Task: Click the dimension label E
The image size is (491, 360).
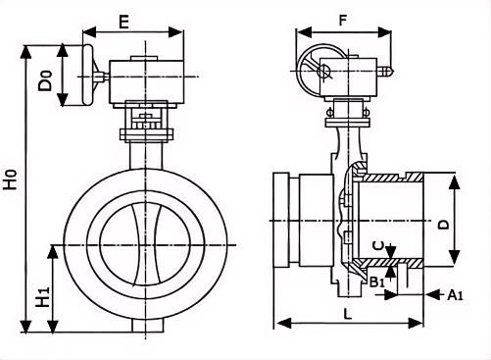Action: [123, 22]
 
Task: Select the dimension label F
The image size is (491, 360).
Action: [342, 21]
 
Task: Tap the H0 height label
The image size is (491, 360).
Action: [11, 180]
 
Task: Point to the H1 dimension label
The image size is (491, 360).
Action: [43, 297]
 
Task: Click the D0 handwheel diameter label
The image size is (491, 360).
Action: [44, 80]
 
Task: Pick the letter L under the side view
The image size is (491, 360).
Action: [348, 314]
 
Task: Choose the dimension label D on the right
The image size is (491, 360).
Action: [443, 225]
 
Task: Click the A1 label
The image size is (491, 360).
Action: [455, 295]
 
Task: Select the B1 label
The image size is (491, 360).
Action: [377, 282]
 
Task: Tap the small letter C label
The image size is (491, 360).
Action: [378, 246]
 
